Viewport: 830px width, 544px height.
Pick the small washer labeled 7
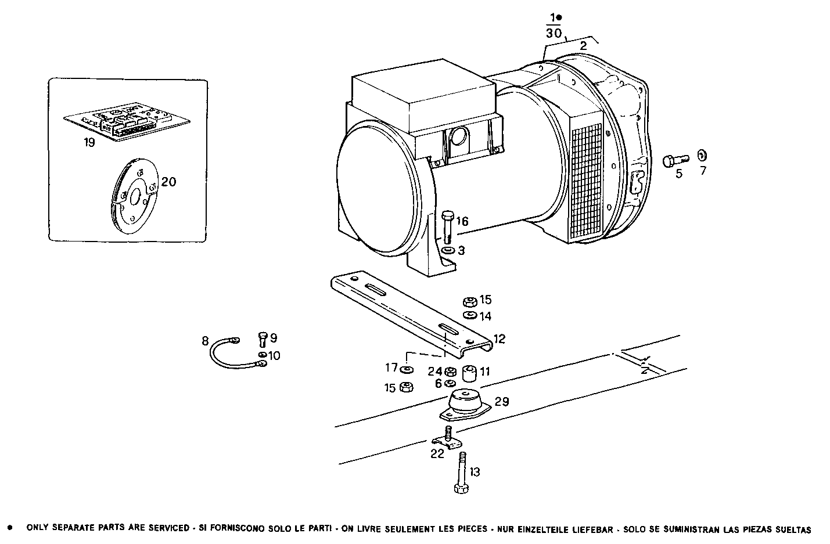coord(702,155)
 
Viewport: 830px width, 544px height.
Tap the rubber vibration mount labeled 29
coord(465,405)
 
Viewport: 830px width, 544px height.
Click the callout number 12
coord(500,338)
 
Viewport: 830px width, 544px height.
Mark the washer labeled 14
coord(469,315)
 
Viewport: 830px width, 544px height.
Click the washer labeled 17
coord(407,369)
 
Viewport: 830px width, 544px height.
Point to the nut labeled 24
coord(450,372)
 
